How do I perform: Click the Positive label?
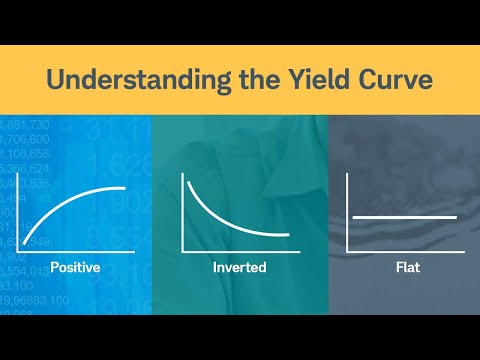(75, 267)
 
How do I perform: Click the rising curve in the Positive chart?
(70, 202)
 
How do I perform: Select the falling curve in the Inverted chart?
(215, 214)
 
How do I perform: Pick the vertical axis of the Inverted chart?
(183, 210)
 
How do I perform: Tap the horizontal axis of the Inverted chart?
(240, 250)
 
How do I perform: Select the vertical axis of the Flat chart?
(347, 210)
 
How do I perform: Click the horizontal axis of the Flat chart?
(405, 250)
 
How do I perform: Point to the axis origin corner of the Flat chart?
(347, 250)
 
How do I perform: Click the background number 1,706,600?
(26, 139)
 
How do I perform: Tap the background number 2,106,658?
(26, 154)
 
